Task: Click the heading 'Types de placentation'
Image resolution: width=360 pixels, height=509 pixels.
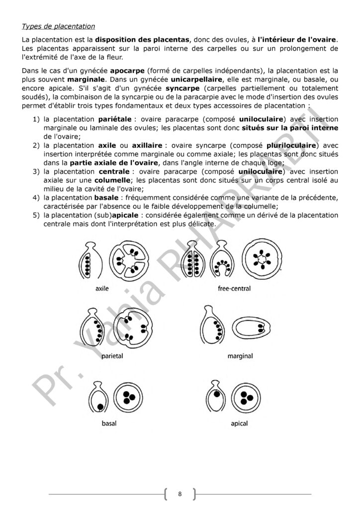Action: [x=59, y=26]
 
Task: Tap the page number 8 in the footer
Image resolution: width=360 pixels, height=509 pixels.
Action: [x=180, y=494]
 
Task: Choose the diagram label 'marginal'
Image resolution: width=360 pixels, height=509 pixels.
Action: [x=240, y=356]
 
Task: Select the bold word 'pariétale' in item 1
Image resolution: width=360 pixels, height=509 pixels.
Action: [x=115, y=120]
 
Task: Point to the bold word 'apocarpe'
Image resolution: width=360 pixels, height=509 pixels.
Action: [x=127, y=71]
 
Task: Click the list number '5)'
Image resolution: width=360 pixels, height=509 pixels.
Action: [x=36, y=215]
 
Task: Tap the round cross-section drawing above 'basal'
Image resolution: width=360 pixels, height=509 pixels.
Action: [x=128, y=397]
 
